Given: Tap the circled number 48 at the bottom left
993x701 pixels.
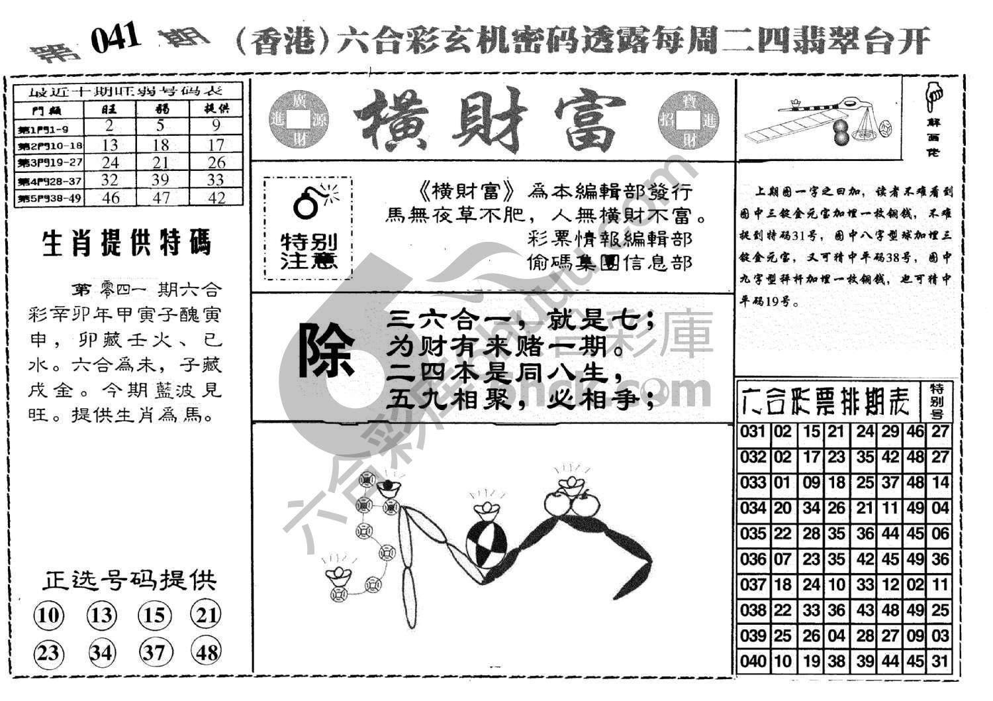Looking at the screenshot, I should click(207, 653).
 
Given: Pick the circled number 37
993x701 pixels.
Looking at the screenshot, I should click(154, 653).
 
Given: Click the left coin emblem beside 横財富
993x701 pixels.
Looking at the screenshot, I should click(300, 120).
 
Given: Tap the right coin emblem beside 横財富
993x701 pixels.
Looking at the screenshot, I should click(688, 120).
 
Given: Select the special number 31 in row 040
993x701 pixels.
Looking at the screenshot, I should click(939, 661).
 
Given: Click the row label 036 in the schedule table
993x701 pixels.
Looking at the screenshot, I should click(753, 559).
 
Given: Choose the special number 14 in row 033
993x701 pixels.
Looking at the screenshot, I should click(939, 482).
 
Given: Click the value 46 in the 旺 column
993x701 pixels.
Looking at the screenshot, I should click(111, 197).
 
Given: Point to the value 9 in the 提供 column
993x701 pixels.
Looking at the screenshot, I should click(216, 126).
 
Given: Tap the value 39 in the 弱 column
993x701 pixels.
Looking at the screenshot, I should click(162, 180).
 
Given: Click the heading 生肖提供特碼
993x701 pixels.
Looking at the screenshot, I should click(126, 244).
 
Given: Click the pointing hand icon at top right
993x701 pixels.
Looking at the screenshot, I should click(934, 97).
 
